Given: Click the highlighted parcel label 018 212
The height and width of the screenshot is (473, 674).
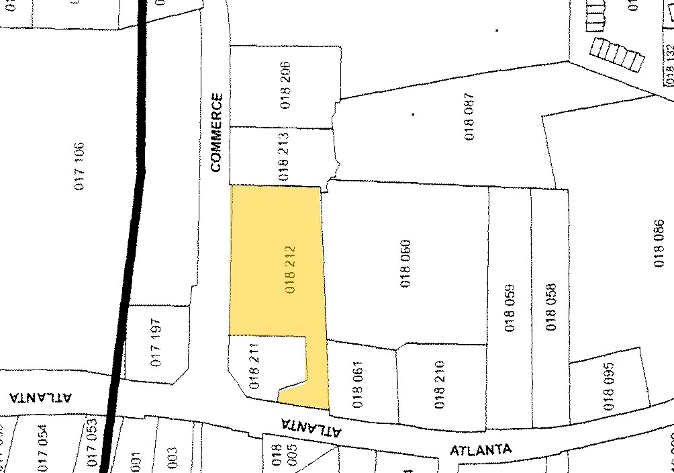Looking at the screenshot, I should pos(290,270).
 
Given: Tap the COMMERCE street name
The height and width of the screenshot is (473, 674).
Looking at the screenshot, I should pos(215,132).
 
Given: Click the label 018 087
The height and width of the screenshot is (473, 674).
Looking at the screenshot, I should pos(469,116).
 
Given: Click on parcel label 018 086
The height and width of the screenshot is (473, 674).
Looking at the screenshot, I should pos(659,243).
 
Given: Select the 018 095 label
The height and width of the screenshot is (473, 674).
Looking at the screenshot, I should pos(609,387).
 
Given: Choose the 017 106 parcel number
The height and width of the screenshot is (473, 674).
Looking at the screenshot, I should pos(79,165).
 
